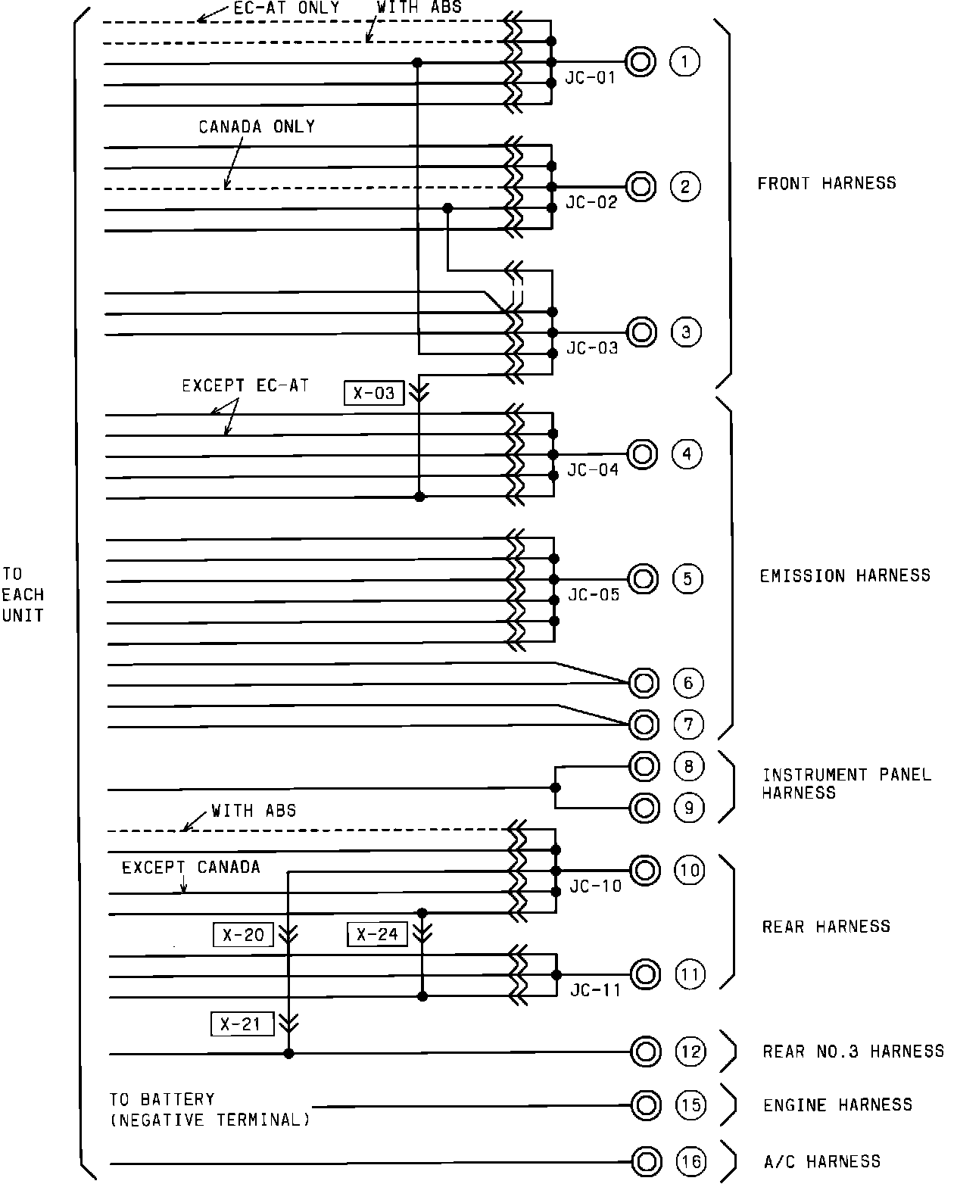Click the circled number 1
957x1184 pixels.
(685, 61)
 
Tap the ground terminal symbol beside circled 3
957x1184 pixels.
(641, 332)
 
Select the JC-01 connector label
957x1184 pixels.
(591, 78)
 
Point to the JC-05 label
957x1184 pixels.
(594, 595)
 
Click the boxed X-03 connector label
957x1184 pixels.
(374, 393)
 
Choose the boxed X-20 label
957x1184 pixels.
(243, 936)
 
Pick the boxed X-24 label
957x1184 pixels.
(377, 934)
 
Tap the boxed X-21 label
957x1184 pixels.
(241, 1025)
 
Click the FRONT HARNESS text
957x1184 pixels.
(827, 183)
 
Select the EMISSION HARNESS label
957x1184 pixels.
(845, 576)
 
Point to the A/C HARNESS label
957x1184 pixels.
(821, 1161)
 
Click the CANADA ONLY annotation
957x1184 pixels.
(257, 127)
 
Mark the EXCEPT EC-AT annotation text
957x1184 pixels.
(245, 386)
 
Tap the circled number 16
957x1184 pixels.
(690, 1161)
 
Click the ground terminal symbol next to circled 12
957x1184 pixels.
(645, 1052)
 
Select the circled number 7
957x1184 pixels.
(688, 724)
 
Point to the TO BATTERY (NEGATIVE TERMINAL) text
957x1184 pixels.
(209, 1109)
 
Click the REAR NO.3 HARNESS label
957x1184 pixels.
(853, 1052)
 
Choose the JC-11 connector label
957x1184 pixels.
(595, 990)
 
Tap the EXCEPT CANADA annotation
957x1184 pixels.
(191, 868)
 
